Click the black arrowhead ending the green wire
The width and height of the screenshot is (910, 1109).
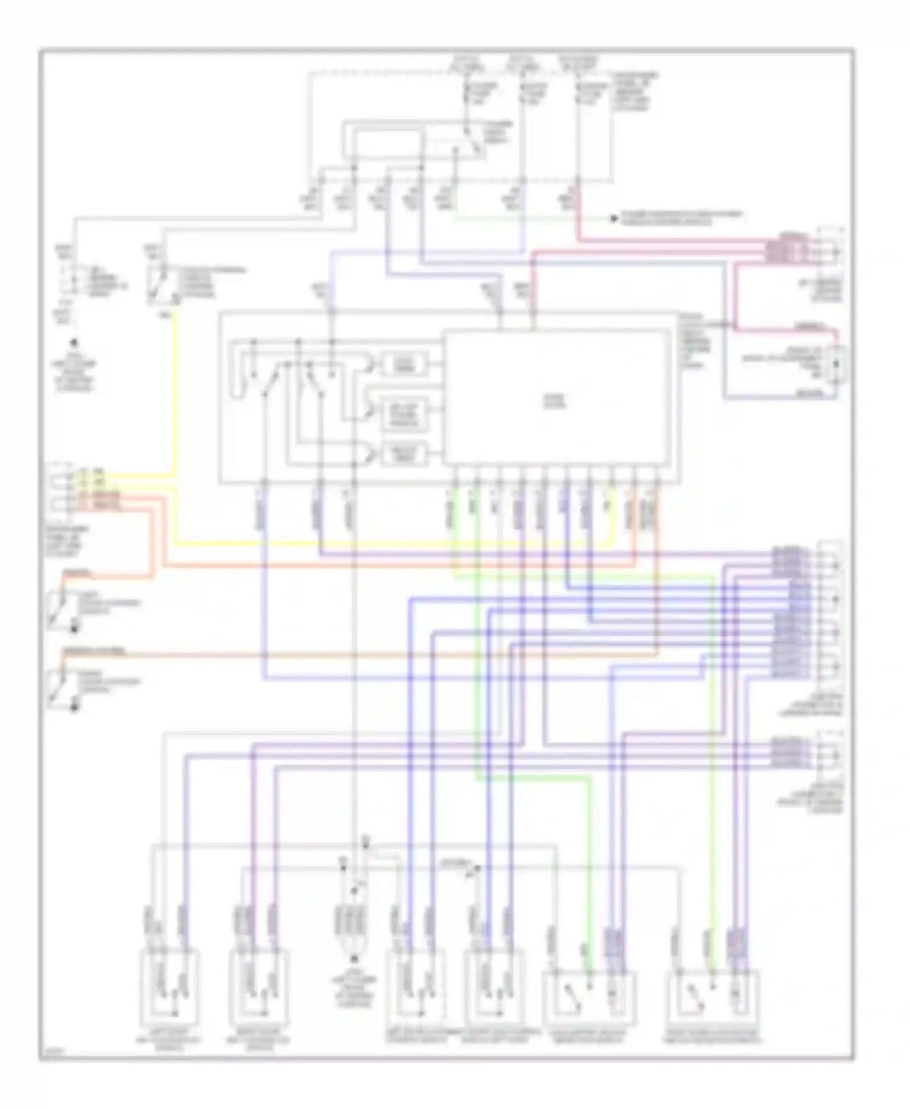pos(614,218)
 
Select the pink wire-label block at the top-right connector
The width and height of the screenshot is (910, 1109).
pos(786,251)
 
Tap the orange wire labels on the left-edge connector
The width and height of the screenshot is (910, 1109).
pos(101,501)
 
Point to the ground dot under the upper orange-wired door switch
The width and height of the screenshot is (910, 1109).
pos(75,629)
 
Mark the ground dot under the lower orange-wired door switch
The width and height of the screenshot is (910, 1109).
pos(75,707)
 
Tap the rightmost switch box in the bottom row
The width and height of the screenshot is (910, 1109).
pos(712,994)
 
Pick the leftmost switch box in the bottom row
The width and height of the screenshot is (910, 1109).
pos(169,983)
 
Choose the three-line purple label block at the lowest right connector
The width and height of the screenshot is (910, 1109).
pos(790,752)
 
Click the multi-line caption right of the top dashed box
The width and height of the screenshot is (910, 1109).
pos(635,92)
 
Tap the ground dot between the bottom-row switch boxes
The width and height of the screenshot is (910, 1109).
pos(354,959)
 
